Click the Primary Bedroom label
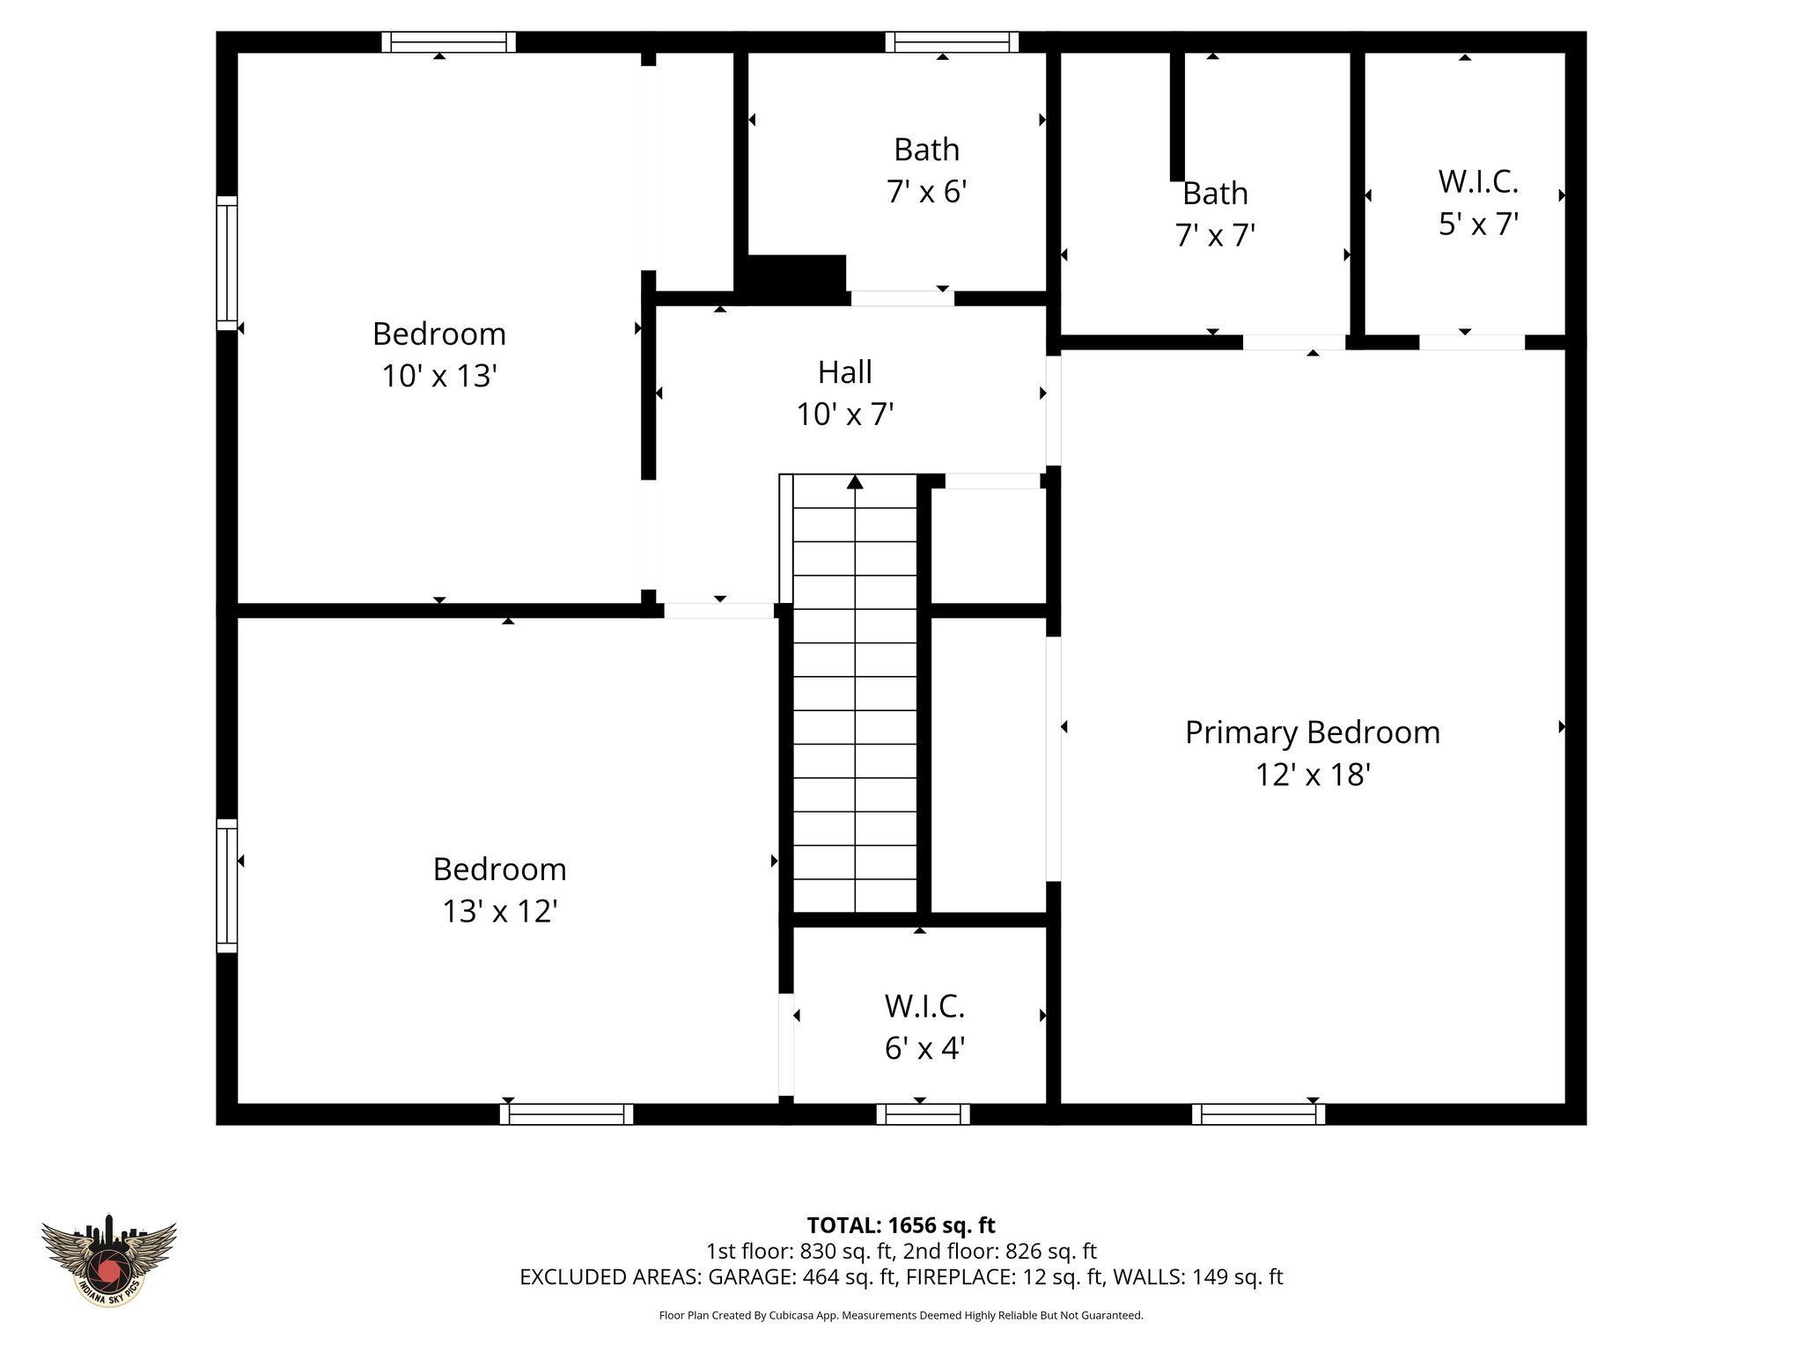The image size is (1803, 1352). (1312, 732)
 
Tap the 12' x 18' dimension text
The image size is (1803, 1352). (1312, 775)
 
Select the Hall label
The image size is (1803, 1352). (845, 372)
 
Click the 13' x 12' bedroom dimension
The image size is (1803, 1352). (499, 911)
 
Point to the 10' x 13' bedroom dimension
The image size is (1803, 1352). (439, 376)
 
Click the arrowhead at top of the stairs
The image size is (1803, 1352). (855, 482)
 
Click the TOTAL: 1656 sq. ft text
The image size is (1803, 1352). (901, 1225)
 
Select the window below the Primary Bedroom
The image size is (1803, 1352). (1258, 1114)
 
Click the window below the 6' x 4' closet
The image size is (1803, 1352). (923, 1114)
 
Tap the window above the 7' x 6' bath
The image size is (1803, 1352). (952, 42)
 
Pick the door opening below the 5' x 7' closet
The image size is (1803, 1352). (1471, 342)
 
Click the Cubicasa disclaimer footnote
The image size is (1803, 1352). (901, 1316)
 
